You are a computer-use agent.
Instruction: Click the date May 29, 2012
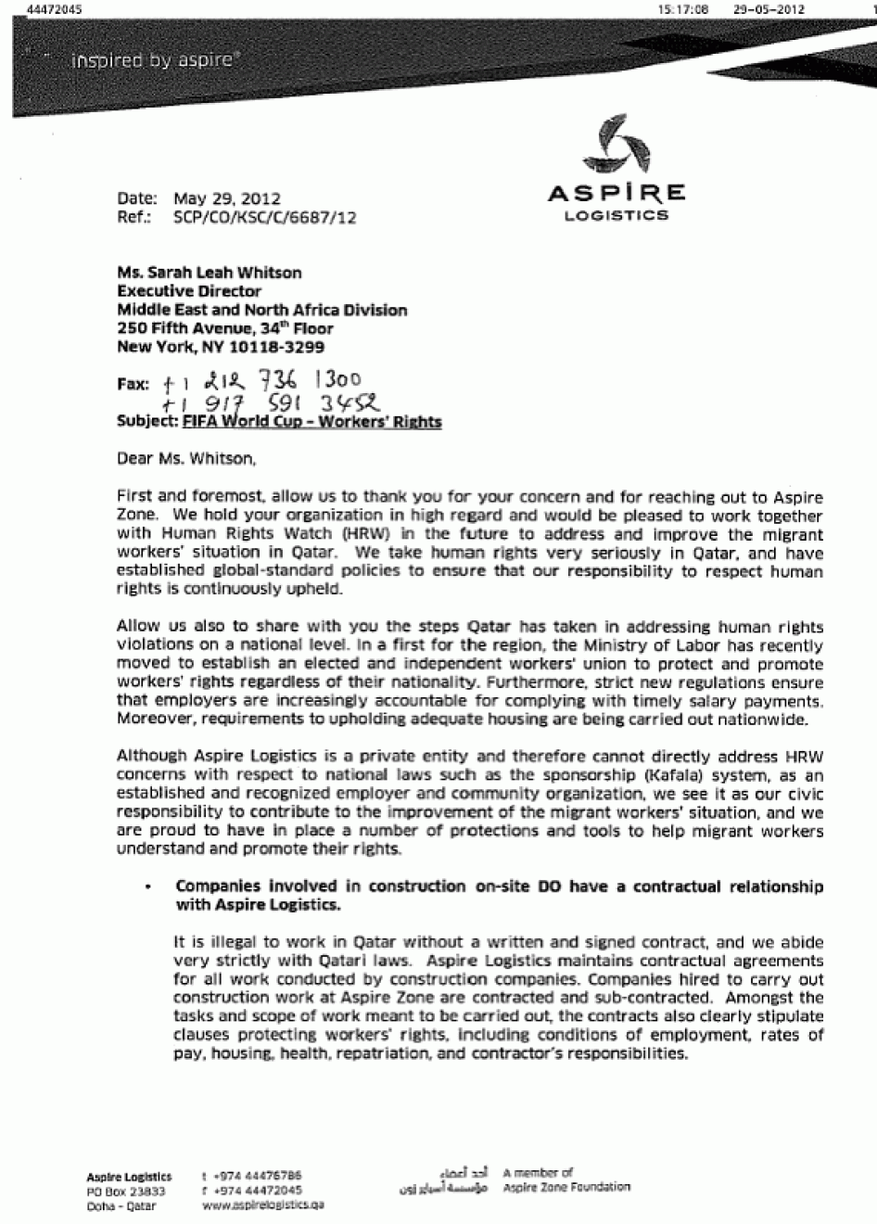(x=226, y=198)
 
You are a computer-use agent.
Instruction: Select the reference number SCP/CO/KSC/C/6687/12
(x=264, y=218)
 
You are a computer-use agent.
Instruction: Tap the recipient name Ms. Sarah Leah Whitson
(x=210, y=273)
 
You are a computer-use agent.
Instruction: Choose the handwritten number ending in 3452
(x=271, y=403)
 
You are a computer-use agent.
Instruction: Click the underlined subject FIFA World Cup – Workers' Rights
(x=311, y=422)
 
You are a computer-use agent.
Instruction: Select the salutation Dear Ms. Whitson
(x=184, y=458)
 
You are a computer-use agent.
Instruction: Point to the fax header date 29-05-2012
(x=769, y=9)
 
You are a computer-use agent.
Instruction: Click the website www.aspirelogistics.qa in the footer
(x=262, y=1205)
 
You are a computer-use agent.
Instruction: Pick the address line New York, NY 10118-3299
(x=221, y=348)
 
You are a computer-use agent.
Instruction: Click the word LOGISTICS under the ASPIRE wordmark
(x=616, y=216)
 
